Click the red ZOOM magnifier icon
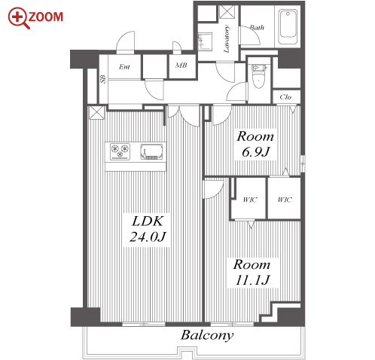tap(18, 17)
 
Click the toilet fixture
tap(258, 76)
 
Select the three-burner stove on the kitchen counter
tap(120, 151)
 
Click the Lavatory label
tap(227, 38)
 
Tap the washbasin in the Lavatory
tap(205, 41)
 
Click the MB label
tap(181, 66)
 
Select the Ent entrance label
tap(124, 67)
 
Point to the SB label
tap(103, 79)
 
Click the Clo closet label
tap(285, 97)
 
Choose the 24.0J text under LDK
tap(148, 236)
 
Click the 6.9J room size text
tap(256, 152)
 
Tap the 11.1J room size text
tap(252, 280)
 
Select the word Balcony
tap(207, 336)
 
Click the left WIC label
tap(250, 200)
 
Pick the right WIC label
tap(285, 200)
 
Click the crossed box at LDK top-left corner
tap(97, 113)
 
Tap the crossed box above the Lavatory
tap(227, 12)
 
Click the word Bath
tap(257, 27)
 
